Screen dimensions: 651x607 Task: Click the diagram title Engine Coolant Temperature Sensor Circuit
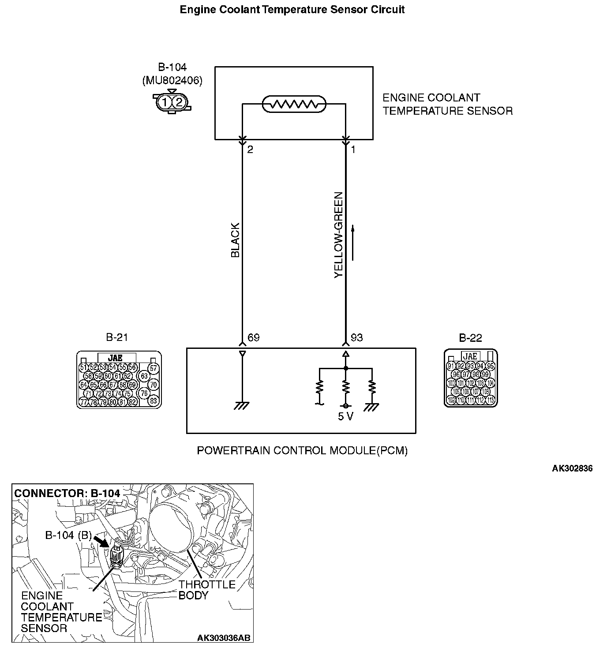[x=292, y=9]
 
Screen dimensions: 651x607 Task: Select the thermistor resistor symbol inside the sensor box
[x=294, y=105]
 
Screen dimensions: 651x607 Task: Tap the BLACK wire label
[x=235, y=240]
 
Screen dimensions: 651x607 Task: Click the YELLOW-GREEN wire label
[x=338, y=235]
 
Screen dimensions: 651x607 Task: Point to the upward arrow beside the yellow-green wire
[x=353, y=243]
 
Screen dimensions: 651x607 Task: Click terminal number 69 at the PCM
[x=253, y=338]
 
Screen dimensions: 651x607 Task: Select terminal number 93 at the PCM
[x=356, y=338]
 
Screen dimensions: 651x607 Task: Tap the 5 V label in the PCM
[x=345, y=416]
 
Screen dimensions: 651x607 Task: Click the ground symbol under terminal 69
[x=242, y=405]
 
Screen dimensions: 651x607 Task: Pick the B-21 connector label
[x=117, y=338]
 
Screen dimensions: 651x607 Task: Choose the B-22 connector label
[x=470, y=338]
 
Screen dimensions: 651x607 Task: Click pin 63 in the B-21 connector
[x=144, y=376]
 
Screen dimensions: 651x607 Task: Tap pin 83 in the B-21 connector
[x=153, y=401]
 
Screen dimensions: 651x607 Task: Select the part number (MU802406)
[x=172, y=81]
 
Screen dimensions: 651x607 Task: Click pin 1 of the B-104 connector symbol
[x=165, y=102]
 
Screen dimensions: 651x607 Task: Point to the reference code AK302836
[x=572, y=468]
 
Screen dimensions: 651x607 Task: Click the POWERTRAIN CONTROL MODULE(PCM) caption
[x=302, y=451]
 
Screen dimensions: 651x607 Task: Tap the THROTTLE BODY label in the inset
[x=206, y=590]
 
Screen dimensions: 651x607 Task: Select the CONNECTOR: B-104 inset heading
[x=67, y=493]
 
